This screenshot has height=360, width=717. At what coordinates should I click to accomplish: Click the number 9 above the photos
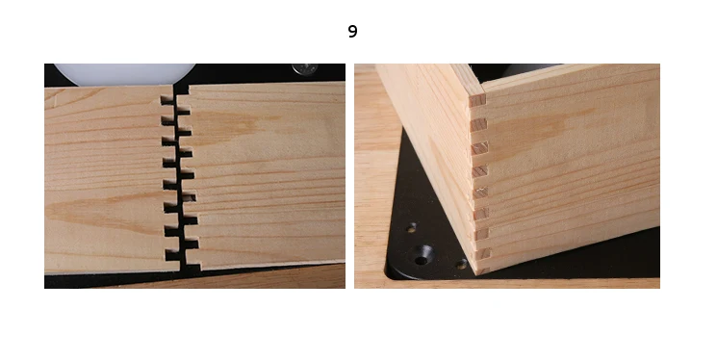[x=352, y=31]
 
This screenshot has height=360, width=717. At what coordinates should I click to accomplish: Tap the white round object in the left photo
[x=124, y=74]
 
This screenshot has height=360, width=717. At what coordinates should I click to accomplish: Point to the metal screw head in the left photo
[x=304, y=68]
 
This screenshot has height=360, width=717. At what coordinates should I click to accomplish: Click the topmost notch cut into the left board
[x=167, y=99]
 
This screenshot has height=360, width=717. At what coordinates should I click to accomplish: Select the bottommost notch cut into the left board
[x=172, y=255]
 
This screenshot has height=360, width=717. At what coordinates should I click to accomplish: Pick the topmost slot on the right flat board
[x=184, y=111]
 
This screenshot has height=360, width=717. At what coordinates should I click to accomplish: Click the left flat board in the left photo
[x=109, y=179]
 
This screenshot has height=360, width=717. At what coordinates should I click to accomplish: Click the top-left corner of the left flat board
[x=45, y=89]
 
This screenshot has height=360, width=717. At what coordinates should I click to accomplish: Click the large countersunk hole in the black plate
[x=422, y=255]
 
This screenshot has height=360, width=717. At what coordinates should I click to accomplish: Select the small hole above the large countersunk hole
[x=412, y=226]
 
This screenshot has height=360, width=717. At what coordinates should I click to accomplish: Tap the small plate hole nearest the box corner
[x=461, y=264]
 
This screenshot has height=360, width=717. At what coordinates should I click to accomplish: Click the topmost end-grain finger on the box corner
[x=477, y=100]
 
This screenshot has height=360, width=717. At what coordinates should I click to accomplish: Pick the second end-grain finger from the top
[x=478, y=124]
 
